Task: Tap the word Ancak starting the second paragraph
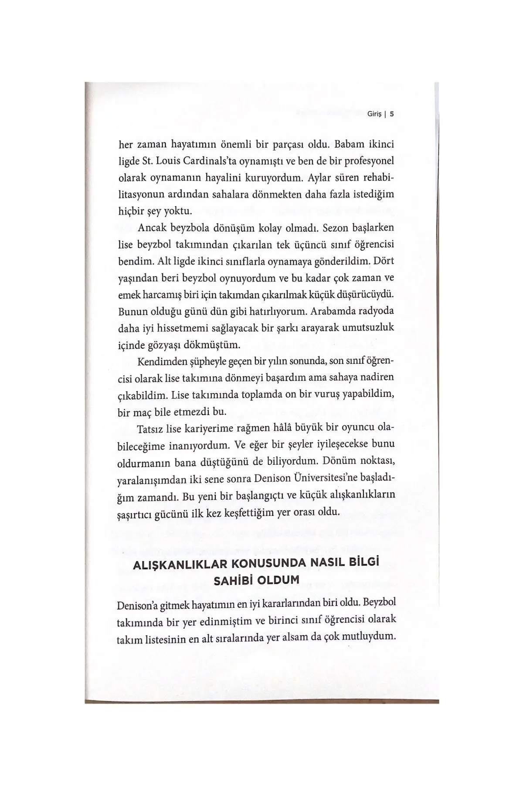(153, 228)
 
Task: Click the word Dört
(384, 261)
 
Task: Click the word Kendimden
(157, 362)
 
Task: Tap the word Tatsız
(151, 429)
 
